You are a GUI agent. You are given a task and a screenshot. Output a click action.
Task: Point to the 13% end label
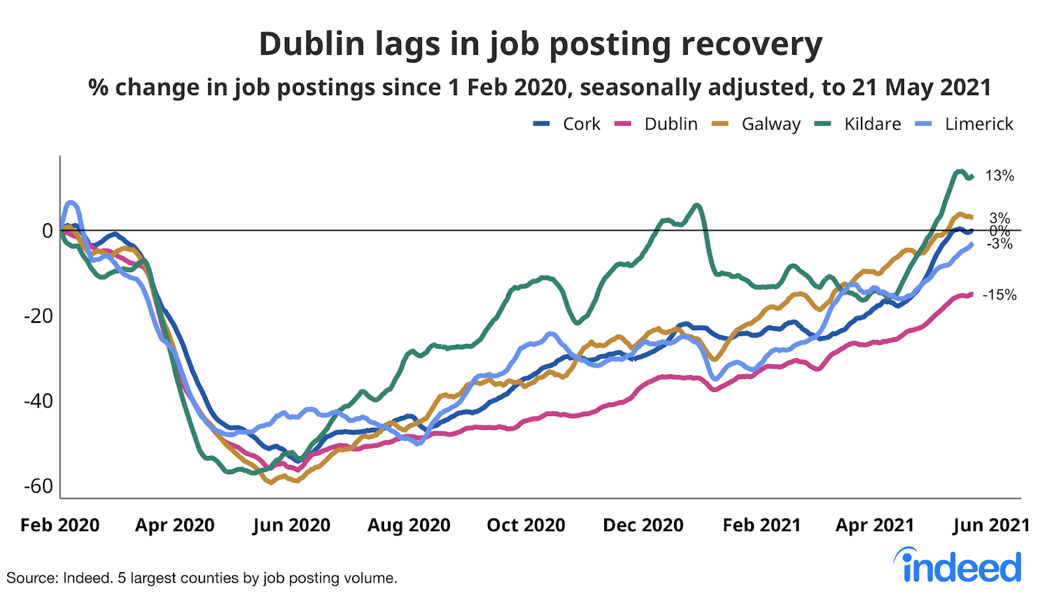(999, 175)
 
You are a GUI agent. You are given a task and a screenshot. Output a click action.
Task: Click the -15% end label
(999, 295)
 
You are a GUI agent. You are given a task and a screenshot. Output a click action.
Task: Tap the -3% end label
(999, 244)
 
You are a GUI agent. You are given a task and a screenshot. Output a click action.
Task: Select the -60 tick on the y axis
(39, 486)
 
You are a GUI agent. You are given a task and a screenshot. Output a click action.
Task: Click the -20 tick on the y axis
(39, 316)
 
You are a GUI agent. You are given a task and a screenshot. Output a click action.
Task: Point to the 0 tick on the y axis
(47, 231)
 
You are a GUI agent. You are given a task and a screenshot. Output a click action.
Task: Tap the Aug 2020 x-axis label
(409, 525)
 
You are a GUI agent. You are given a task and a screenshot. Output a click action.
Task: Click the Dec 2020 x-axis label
(643, 525)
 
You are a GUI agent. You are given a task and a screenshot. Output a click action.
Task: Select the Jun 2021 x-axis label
(991, 525)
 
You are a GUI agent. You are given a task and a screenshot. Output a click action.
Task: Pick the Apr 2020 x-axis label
(174, 525)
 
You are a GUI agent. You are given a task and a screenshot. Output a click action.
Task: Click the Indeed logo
(957, 566)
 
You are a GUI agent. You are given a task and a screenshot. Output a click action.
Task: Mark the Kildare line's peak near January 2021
(696, 205)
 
